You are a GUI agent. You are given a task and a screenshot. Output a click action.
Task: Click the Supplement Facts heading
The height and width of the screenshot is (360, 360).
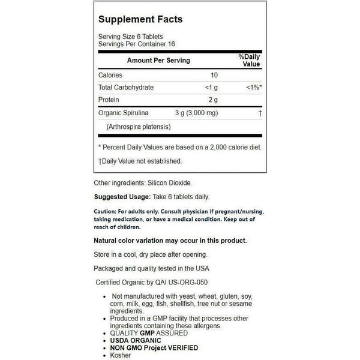point(141,19)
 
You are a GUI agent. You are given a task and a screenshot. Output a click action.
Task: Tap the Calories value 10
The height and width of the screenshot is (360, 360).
point(215,76)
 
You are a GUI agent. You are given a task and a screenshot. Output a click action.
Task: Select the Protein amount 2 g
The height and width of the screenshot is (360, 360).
point(214,100)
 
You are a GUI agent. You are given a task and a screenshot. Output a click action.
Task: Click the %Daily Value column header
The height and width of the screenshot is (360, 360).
point(249,61)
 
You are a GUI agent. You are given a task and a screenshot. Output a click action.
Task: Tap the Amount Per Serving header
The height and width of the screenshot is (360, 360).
point(158,61)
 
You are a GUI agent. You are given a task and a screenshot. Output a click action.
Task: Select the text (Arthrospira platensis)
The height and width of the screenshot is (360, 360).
point(139,126)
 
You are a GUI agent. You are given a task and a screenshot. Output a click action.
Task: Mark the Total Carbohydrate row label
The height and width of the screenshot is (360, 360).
point(125,88)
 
